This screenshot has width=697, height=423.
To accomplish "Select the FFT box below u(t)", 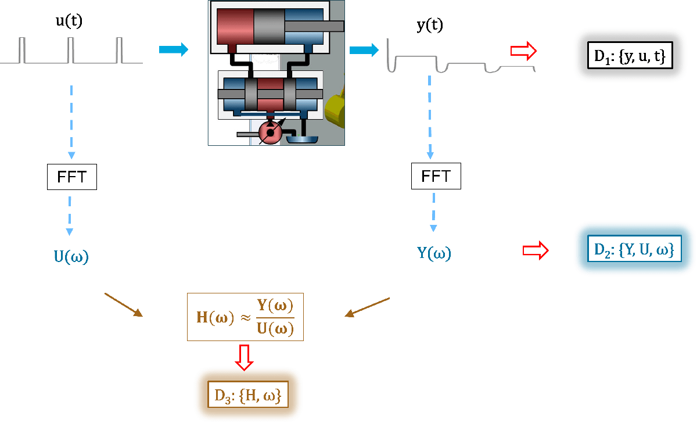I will pyautogui.click(x=71, y=177).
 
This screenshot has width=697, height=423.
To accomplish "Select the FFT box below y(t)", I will pyautogui.click(x=436, y=176).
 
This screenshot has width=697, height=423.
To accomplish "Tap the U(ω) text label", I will pyautogui.click(x=71, y=257).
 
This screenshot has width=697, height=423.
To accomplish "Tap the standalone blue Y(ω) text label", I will pyautogui.click(x=434, y=253).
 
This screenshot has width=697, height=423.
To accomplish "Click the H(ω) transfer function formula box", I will pyautogui.click(x=245, y=317).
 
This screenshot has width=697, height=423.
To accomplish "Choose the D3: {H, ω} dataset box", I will pyautogui.click(x=247, y=395).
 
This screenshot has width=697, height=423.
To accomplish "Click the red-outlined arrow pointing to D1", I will pyautogui.click(x=523, y=51).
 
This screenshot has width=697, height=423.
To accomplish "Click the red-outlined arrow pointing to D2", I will pyautogui.click(x=535, y=250).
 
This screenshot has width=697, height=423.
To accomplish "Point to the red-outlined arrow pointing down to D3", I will pyautogui.click(x=244, y=356).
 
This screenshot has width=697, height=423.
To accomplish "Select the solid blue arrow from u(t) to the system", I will pyautogui.click(x=174, y=50).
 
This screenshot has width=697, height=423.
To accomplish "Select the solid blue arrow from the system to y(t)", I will pyautogui.click(x=363, y=51).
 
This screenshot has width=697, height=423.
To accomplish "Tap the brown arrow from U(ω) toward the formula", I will pyautogui.click(x=124, y=305).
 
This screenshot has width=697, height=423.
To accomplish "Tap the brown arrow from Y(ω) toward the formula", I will pyautogui.click(x=367, y=307).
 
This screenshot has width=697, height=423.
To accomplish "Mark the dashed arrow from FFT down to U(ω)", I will pyautogui.click(x=70, y=216).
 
